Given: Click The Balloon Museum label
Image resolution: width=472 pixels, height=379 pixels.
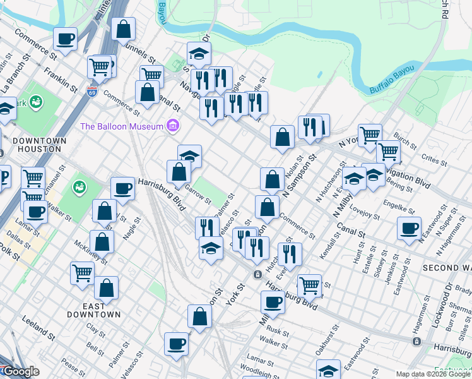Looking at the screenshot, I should pos(121,126).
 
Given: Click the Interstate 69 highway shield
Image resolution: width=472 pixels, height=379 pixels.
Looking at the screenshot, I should pos(92,92).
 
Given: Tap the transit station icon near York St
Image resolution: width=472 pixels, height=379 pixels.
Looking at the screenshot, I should pos(257,274).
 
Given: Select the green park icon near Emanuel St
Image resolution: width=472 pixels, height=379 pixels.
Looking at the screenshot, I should pos(80,188).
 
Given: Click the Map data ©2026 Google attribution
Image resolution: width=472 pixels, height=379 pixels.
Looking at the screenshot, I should pos(434,374).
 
